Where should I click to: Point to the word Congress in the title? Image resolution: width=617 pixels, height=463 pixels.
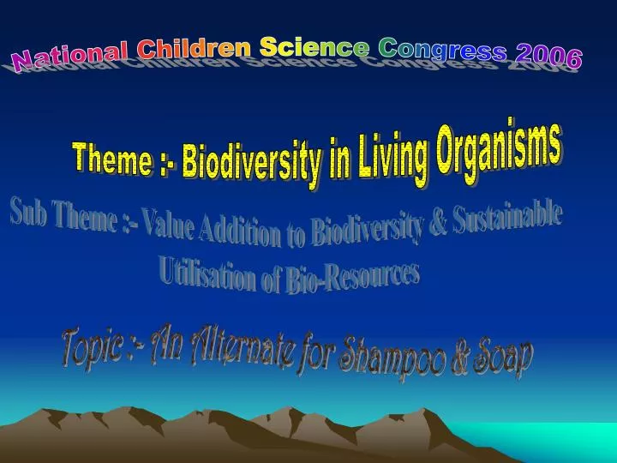442,50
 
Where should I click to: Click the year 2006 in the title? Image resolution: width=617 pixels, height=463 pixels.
549,57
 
